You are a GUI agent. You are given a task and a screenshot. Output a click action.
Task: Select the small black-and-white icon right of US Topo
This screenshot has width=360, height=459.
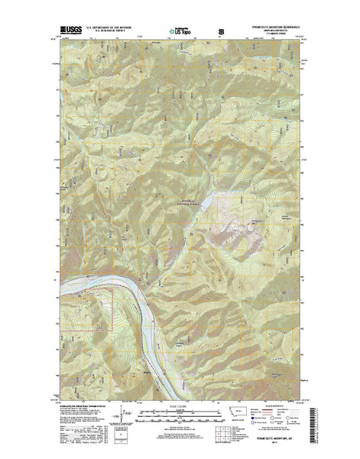[222, 31]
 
